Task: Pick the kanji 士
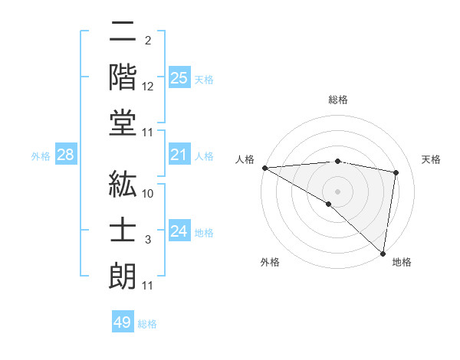123,227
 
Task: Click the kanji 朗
123,273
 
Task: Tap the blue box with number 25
179,78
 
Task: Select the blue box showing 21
179,155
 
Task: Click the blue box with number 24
179,232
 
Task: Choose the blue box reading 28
66,155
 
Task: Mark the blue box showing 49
123,322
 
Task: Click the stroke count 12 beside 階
148,87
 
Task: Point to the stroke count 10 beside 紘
148,194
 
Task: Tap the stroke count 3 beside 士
148,240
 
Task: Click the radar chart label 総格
338,100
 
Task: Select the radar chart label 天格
432,159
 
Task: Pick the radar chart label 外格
270,262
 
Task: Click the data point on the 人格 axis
264,168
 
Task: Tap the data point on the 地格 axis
383,252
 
